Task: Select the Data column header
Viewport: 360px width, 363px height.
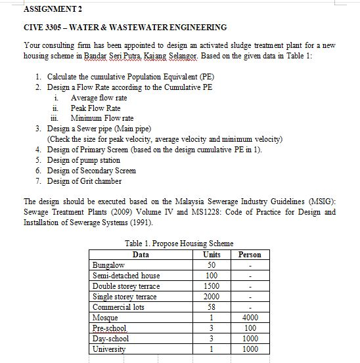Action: tap(141, 255)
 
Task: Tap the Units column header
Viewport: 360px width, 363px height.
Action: tap(212, 255)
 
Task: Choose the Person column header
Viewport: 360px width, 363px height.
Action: tap(250, 255)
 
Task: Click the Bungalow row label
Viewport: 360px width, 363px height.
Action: tap(107, 265)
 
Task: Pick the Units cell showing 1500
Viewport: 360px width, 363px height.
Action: tap(212, 286)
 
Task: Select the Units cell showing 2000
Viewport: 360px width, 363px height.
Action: tap(212, 296)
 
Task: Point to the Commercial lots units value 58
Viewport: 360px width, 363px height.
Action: tap(212, 307)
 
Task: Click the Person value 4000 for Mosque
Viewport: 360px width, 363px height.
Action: tap(250, 317)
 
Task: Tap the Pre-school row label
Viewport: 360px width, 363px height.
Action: tap(109, 328)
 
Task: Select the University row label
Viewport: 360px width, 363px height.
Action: tap(109, 349)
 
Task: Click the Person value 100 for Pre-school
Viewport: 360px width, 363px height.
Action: tap(250, 328)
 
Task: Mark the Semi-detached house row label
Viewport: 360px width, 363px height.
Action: tap(125, 276)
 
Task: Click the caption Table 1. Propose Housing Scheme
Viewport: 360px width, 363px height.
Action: tap(179, 244)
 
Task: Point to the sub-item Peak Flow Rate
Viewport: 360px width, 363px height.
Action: tap(95, 108)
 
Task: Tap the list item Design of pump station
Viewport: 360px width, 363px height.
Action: tap(83, 160)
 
